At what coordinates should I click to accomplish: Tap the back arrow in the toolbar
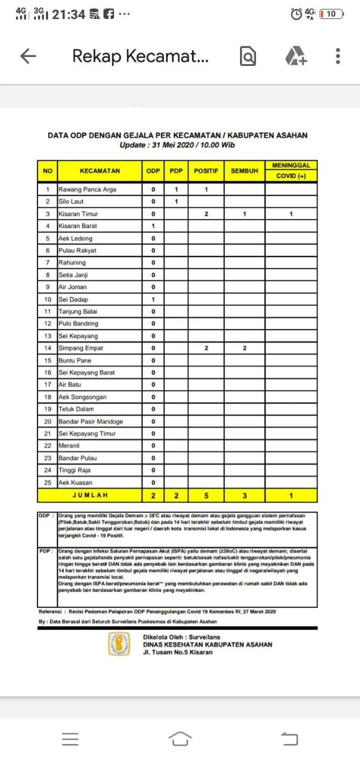click(29, 56)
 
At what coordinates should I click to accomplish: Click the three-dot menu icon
click(337, 56)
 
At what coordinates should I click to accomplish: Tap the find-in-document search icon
click(248, 56)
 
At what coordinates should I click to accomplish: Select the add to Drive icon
click(295, 56)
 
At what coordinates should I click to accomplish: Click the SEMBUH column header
click(244, 171)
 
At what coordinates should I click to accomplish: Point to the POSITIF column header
click(206, 171)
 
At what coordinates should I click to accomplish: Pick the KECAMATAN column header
click(99, 171)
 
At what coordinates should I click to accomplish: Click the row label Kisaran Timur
click(78, 214)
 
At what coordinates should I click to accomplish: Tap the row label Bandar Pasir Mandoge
click(90, 422)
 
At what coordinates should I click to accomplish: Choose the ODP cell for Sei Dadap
click(153, 299)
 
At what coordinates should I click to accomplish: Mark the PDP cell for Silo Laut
click(176, 202)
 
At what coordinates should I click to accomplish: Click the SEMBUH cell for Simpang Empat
click(244, 348)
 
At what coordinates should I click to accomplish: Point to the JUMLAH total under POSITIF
click(206, 495)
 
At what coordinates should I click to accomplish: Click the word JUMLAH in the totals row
click(90, 495)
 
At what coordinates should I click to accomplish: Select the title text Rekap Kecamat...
click(140, 56)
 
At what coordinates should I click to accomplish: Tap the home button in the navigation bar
click(180, 739)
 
